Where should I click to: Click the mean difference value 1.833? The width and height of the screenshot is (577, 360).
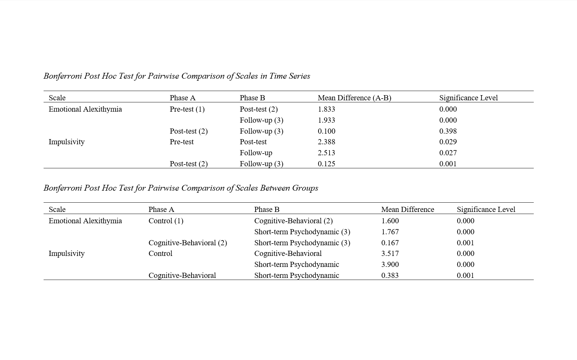click(326, 109)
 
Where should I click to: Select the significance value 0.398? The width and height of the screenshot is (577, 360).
click(448, 131)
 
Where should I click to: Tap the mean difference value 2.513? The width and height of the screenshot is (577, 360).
click(326, 153)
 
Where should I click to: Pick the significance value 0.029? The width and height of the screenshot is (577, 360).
click(448, 142)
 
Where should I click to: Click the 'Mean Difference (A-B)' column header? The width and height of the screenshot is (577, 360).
click(354, 98)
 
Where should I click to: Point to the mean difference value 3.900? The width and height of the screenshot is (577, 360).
click(390, 265)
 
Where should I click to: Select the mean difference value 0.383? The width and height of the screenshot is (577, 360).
click(390, 275)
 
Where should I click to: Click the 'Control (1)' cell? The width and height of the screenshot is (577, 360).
click(166, 221)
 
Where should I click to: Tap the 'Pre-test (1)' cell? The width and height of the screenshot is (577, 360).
click(187, 109)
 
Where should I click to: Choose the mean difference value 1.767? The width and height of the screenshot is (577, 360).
click(390, 232)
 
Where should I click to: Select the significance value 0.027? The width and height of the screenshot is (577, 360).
click(448, 153)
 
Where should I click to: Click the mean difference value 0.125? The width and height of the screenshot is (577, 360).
click(326, 164)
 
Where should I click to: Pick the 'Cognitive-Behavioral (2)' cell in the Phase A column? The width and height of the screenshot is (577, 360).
click(188, 243)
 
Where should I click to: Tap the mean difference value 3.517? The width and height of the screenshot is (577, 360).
click(390, 254)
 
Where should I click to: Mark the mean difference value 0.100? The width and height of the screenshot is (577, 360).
click(326, 131)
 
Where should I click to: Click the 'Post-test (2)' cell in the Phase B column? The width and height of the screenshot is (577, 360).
click(258, 109)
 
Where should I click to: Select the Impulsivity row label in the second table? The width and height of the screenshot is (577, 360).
click(67, 254)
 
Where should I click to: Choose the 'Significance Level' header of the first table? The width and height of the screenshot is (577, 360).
click(468, 98)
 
